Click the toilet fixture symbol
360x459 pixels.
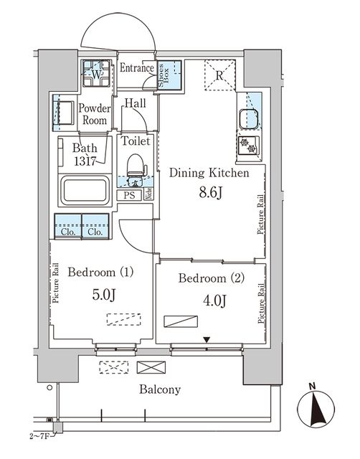click(136, 169)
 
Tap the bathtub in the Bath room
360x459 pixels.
click(85, 191)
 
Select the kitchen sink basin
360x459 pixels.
click(249, 119)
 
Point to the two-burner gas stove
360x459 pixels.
click(249, 146)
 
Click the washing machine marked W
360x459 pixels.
click(96, 73)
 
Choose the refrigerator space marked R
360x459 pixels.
click(220, 75)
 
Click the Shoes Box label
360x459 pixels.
click(164, 75)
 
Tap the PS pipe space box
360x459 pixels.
click(129, 195)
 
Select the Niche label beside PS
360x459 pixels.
click(148, 194)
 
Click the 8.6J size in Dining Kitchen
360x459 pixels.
click(211, 192)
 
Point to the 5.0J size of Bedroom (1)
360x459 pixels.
click(104, 295)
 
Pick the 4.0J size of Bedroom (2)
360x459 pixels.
click(214, 301)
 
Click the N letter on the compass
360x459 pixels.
click(313, 387)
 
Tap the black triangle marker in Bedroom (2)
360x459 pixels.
click(207, 340)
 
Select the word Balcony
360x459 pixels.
click(160, 389)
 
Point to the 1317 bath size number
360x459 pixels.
click(85, 161)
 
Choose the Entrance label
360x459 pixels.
click(137, 68)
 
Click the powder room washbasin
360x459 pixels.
click(64, 113)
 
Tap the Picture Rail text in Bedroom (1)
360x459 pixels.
click(56, 283)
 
